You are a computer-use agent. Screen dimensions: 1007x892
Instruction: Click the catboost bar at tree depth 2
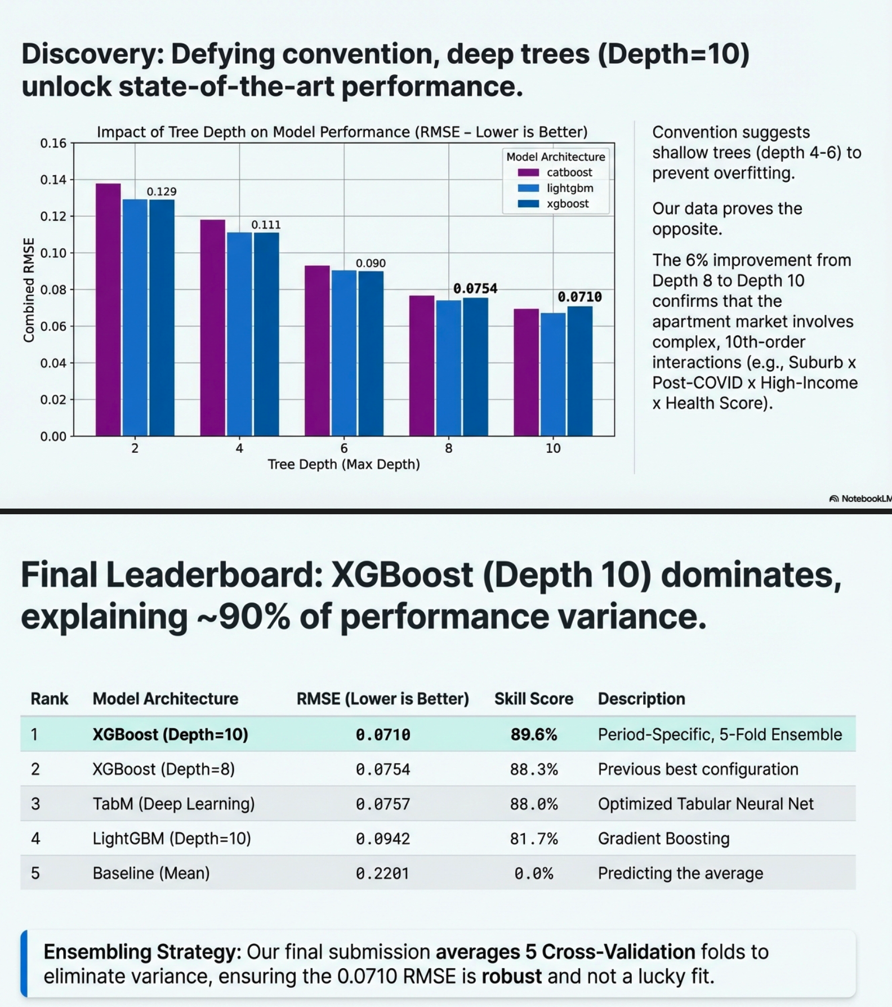(x=108, y=310)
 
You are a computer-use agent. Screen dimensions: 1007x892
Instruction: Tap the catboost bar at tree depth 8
(x=422, y=366)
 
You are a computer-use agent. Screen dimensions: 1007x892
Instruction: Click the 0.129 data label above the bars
(x=162, y=191)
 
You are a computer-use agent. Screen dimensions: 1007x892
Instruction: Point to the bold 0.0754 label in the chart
(x=475, y=289)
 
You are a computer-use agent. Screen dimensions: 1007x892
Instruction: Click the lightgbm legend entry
(x=569, y=188)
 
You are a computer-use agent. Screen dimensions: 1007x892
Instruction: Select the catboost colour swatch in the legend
(x=528, y=173)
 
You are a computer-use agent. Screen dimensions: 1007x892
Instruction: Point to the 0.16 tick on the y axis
(x=53, y=143)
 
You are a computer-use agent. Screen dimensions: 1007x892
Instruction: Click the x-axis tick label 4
(x=239, y=448)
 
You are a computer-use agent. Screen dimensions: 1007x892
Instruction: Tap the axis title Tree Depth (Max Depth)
(x=344, y=465)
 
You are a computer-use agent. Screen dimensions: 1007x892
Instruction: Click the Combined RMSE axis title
(x=29, y=289)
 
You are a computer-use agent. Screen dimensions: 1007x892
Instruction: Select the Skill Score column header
(x=533, y=699)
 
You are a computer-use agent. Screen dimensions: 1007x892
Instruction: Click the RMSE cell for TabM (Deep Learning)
(x=383, y=804)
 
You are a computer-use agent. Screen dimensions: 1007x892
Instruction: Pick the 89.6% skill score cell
(x=533, y=734)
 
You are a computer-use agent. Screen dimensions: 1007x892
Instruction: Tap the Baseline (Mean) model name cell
(x=151, y=873)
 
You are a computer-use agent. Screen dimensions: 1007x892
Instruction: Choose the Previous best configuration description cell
(x=698, y=769)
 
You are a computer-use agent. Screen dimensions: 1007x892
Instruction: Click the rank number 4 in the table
(x=35, y=839)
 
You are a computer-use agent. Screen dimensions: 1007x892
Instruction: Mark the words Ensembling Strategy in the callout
(x=142, y=952)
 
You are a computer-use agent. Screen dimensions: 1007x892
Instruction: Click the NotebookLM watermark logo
(x=834, y=498)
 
